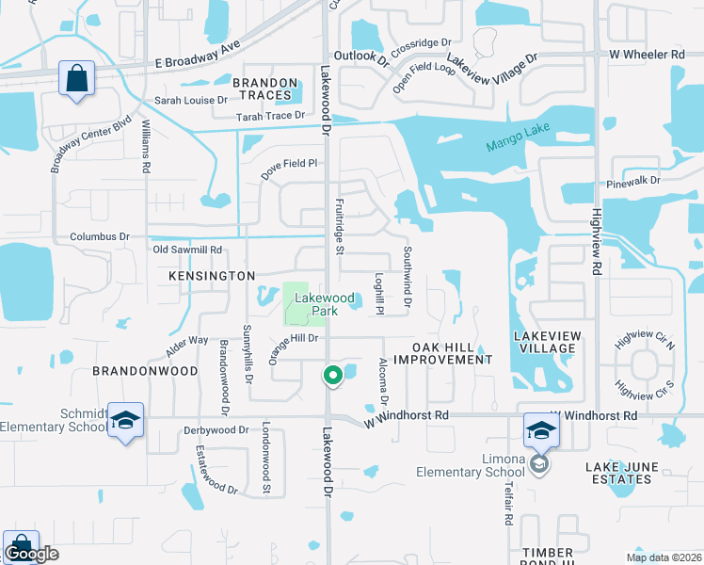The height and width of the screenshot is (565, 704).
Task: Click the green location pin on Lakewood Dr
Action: pos(332,376)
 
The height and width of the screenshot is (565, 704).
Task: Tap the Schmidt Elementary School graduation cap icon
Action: pos(124,422)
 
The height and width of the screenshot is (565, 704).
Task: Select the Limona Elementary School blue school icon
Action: pos(541,429)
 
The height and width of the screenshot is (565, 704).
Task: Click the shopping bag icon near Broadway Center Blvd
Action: pos(76,78)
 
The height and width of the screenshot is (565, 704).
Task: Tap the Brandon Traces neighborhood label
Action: pos(265,89)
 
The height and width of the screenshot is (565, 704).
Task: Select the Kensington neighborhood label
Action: pos(212,276)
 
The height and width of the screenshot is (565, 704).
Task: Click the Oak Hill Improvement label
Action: pos(442,353)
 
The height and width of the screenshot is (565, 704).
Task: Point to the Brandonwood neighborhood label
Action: pos(145,371)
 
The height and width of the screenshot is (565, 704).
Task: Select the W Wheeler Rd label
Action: pos(647,56)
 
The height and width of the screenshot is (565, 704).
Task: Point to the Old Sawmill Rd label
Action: pos(187,250)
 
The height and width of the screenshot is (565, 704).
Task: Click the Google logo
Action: pos(31,555)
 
